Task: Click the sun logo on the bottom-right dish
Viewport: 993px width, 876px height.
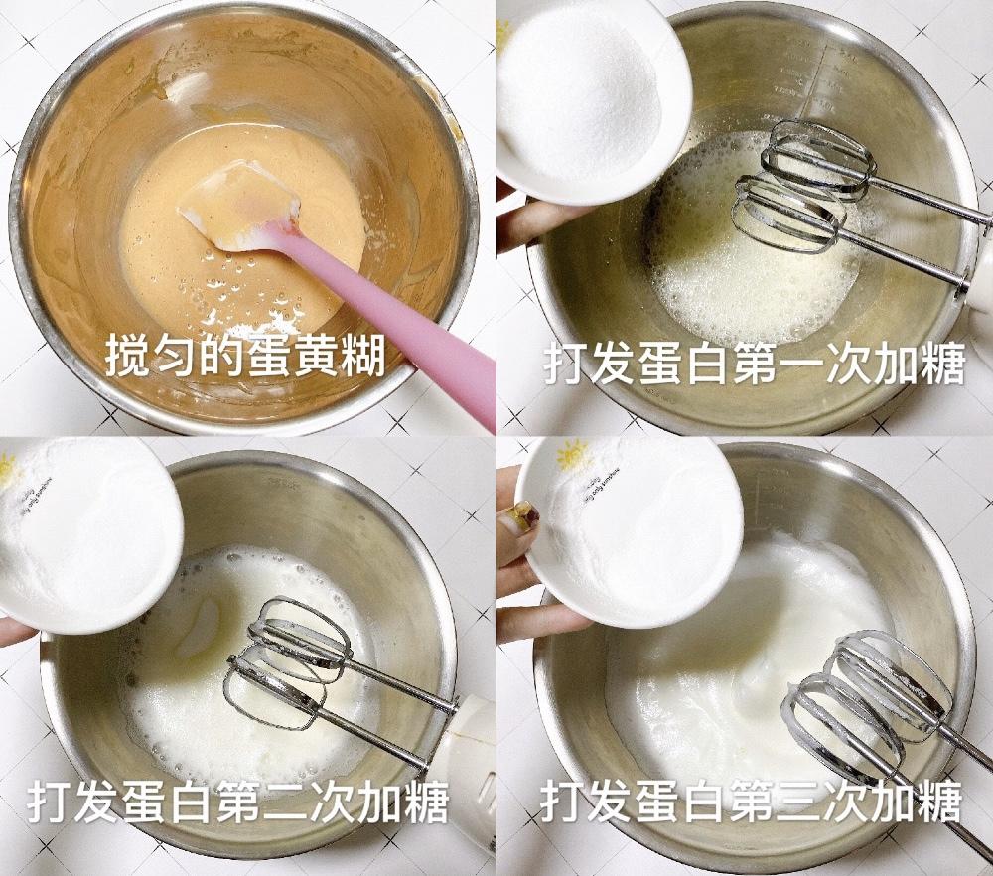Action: pyautogui.click(x=573, y=456)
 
